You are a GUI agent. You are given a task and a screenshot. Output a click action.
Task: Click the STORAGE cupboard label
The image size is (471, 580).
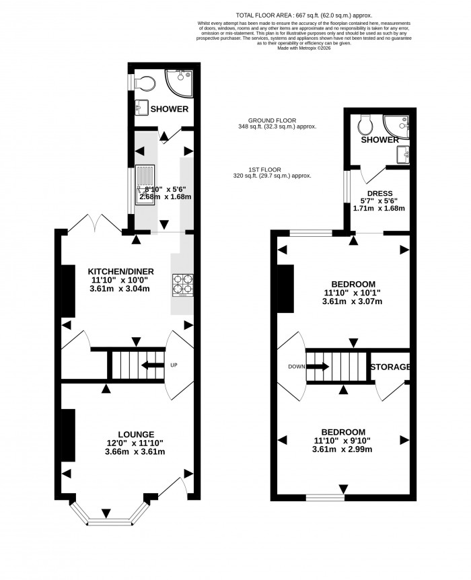pos(390,367)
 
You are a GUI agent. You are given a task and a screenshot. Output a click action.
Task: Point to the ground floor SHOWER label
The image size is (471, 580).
pos(169,109)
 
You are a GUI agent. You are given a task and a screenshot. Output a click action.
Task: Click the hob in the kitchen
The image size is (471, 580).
pos(183,284)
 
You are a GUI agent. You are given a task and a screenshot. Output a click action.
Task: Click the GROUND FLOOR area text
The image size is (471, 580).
pos(277,123)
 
